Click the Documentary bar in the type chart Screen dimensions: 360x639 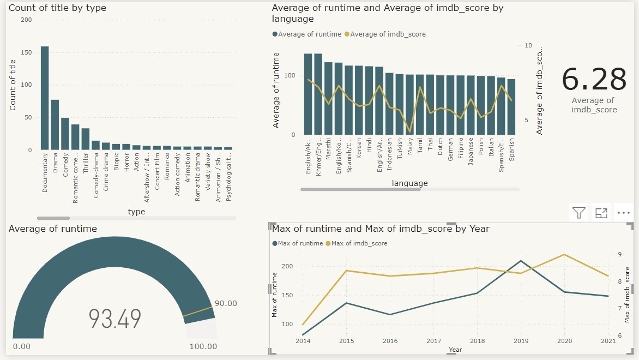pos(45,98)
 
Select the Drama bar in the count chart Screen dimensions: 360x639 pos(55,125)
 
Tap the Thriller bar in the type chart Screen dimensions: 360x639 pos(86,139)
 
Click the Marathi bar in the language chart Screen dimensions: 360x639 pos(328,99)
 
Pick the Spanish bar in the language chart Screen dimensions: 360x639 pos(511,107)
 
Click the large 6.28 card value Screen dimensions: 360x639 pos(594,80)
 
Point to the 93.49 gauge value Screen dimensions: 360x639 pos(115,319)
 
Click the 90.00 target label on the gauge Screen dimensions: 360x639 pos(225,303)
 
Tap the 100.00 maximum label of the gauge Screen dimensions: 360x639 pos(203,346)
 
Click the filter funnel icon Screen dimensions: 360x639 pos(579,213)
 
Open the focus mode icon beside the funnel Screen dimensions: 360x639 pos(601,213)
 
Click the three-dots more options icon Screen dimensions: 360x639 pos(623,213)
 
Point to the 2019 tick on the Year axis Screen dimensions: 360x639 pos(521,341)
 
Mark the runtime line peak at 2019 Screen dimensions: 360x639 pos(521,261)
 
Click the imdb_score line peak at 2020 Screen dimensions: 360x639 pos(564,255)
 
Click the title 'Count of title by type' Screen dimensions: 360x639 pos(57,8)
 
